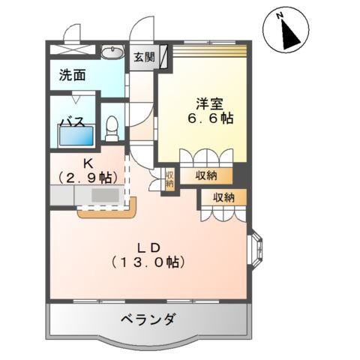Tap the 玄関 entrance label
click(x=144, y=57)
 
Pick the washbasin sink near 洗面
click(x=112, y=52)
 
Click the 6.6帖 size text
click(x=208, y=119)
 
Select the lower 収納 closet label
click(x=223, y=197)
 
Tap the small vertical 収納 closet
click(x=169, y=180)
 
